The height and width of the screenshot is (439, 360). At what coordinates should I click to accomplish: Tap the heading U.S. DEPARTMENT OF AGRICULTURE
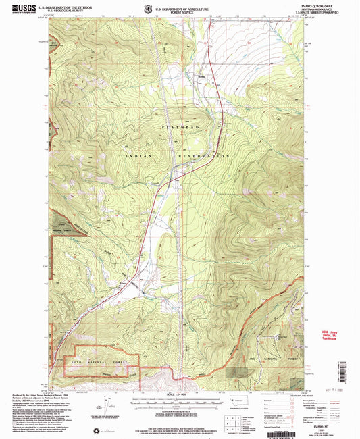(x=179, y=6)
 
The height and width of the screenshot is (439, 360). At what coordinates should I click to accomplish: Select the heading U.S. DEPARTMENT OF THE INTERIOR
(x=66, y=6)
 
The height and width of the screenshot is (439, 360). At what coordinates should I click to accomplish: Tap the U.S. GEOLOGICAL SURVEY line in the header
(x=62, y=10)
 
